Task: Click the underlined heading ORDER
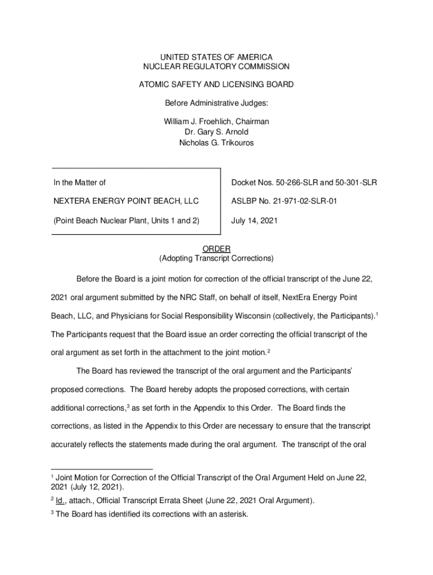[216, 249]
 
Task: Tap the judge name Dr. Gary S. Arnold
[216, 132]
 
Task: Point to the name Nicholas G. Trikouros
[216, 143]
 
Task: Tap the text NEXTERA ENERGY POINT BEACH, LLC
[126, 202]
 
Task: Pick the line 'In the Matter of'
[79, 182]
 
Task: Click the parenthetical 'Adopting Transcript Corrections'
[216, 259]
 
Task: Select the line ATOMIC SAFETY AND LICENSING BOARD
[216, 84]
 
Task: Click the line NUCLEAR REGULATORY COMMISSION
[216, 67]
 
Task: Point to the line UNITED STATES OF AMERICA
[216, 57]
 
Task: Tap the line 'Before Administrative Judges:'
[216, 104]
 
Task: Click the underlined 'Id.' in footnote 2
[61, 500]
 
